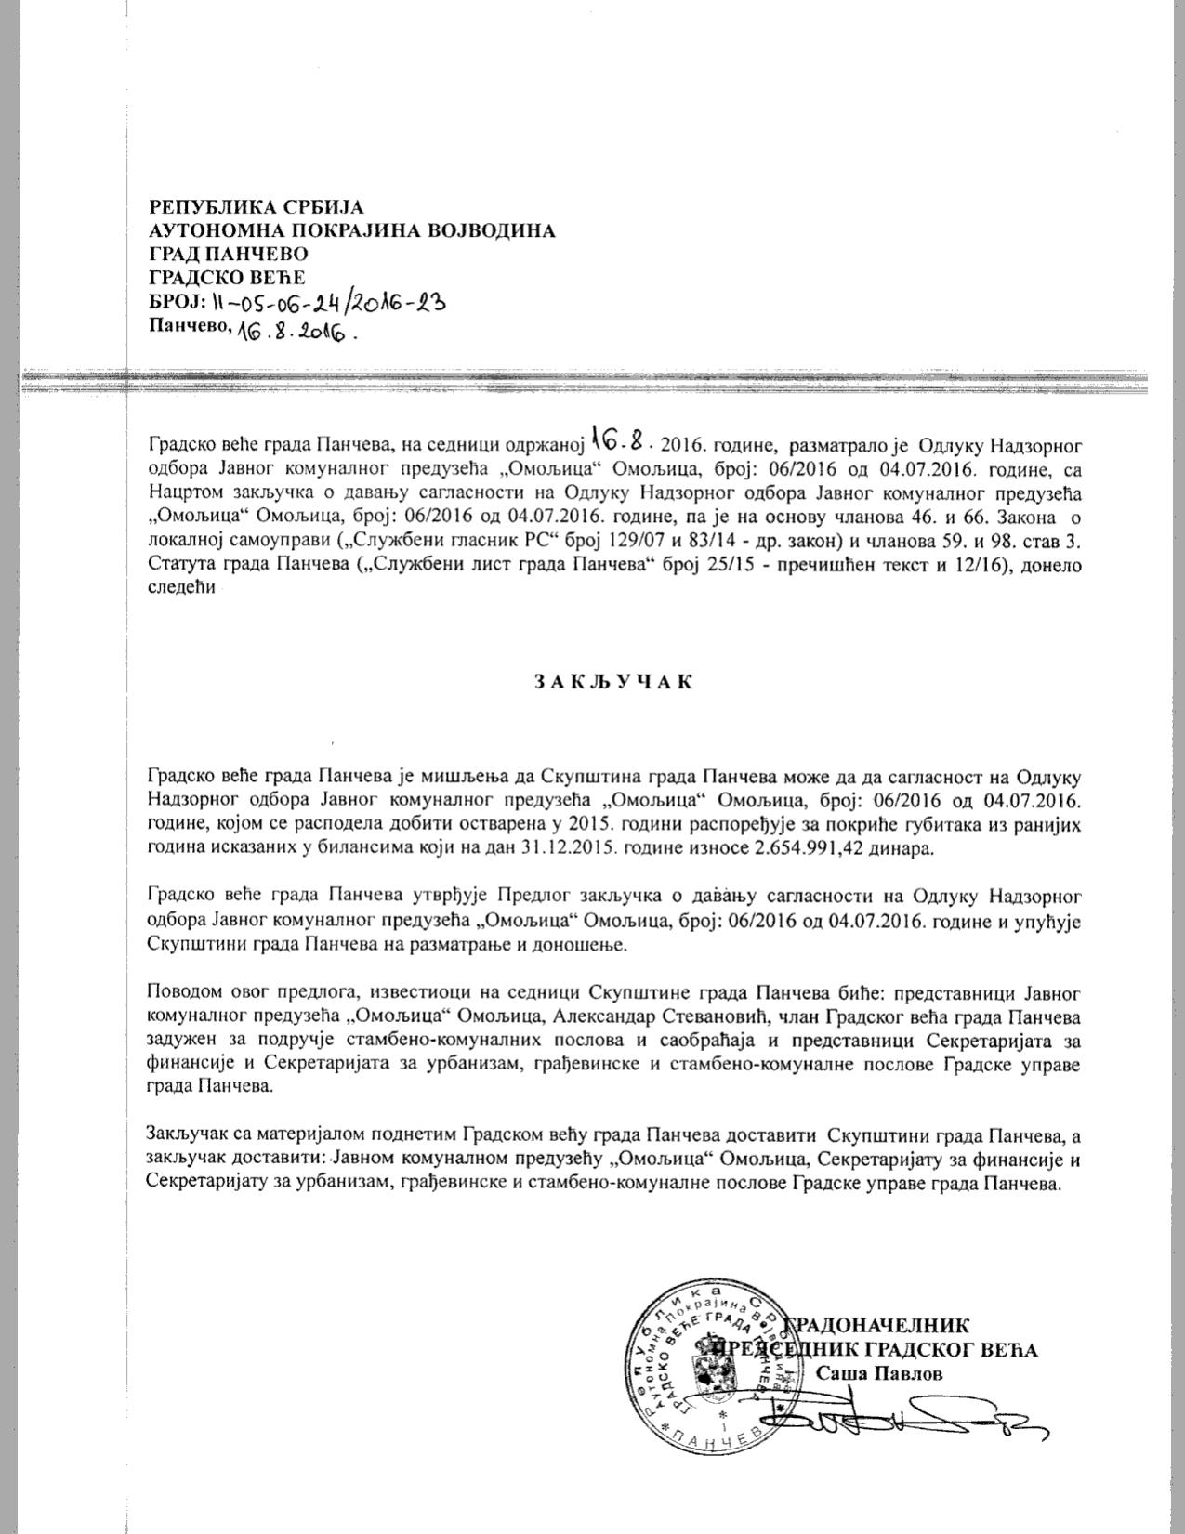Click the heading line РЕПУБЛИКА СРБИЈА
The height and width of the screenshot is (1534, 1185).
pos(257,206)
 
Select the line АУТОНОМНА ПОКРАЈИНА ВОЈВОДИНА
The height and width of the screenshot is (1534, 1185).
pos(352,229)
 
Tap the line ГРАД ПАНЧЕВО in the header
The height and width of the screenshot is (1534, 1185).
pos(229,253)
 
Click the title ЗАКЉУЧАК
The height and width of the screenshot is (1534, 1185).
pos(613,681)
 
